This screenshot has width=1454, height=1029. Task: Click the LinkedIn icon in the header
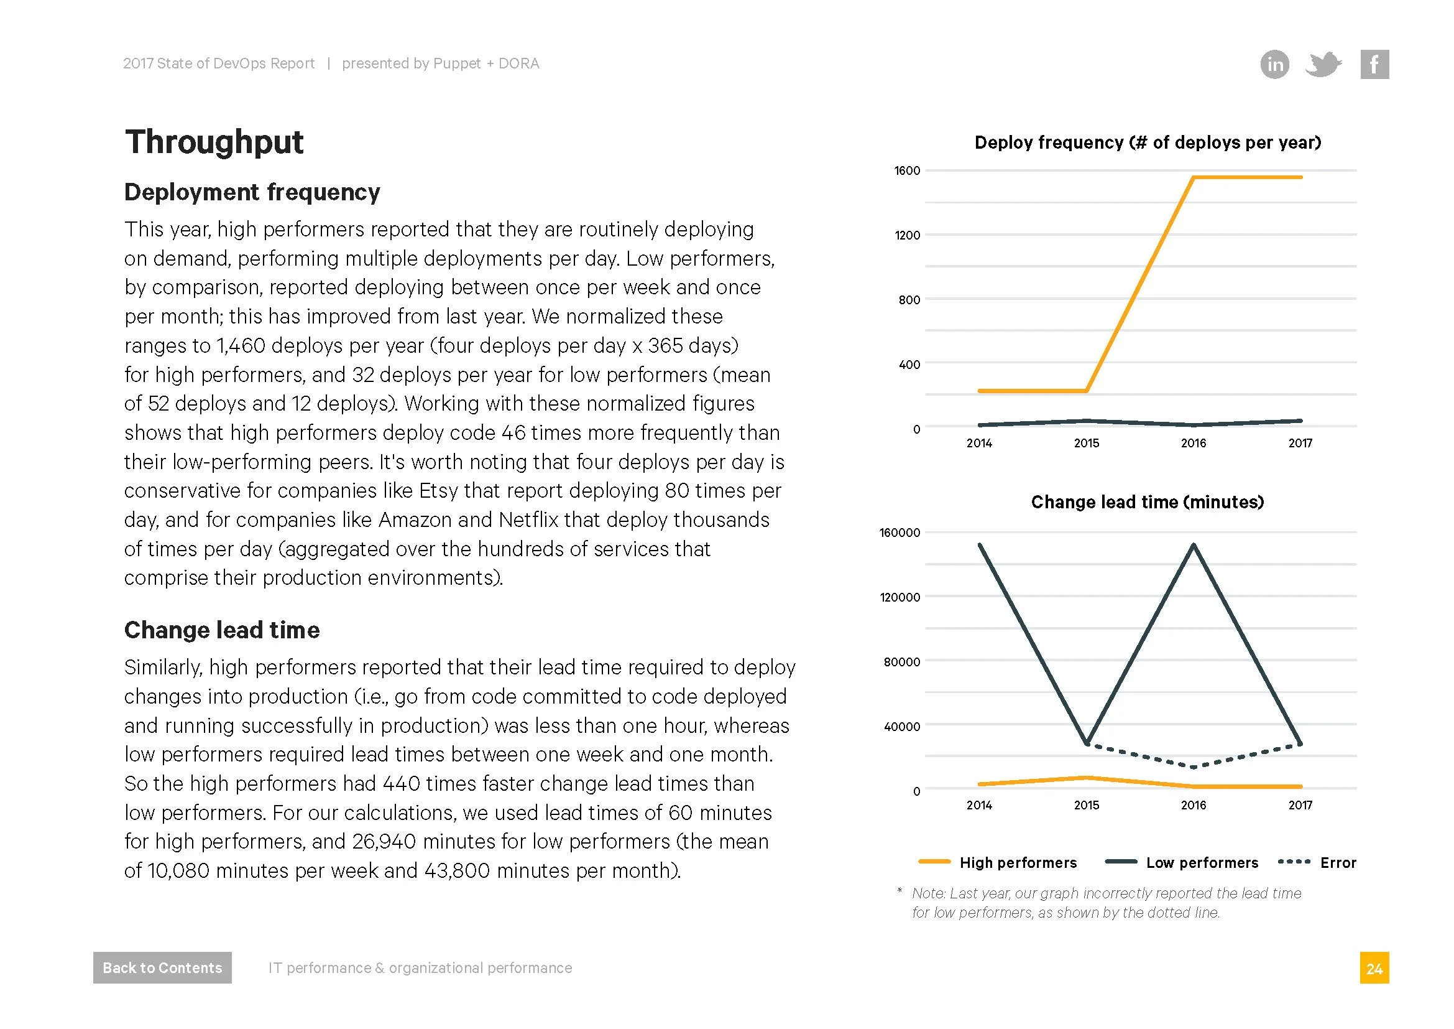(1275, 64)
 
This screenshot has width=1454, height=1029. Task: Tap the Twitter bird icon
(1323, 64)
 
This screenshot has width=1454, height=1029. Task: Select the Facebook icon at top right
(1374, 64)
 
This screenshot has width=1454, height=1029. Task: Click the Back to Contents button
(162, 967)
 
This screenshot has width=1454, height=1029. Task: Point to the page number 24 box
(1374, 968)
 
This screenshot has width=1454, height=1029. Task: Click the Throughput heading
(214, 141)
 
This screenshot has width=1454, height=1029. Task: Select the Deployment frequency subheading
(252, 192)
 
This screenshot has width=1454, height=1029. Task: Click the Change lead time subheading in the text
(222, 630)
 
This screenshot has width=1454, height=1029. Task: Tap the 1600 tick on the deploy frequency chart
(907, 170)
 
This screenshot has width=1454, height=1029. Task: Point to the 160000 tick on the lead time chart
(900, 533)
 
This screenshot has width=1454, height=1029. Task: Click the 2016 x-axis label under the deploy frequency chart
(1193, 444)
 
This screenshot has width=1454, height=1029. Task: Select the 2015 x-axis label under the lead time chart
(1086, 805)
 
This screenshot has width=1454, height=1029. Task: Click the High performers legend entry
(1018, 863)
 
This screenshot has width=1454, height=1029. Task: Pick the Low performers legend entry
(1202, 863)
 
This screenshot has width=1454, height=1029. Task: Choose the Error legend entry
(1337, 863)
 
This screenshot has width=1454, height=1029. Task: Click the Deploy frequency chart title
(1148, 142)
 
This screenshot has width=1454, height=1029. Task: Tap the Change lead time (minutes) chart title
(1147, 503)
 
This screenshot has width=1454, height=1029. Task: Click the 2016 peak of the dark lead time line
(1194, 545)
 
